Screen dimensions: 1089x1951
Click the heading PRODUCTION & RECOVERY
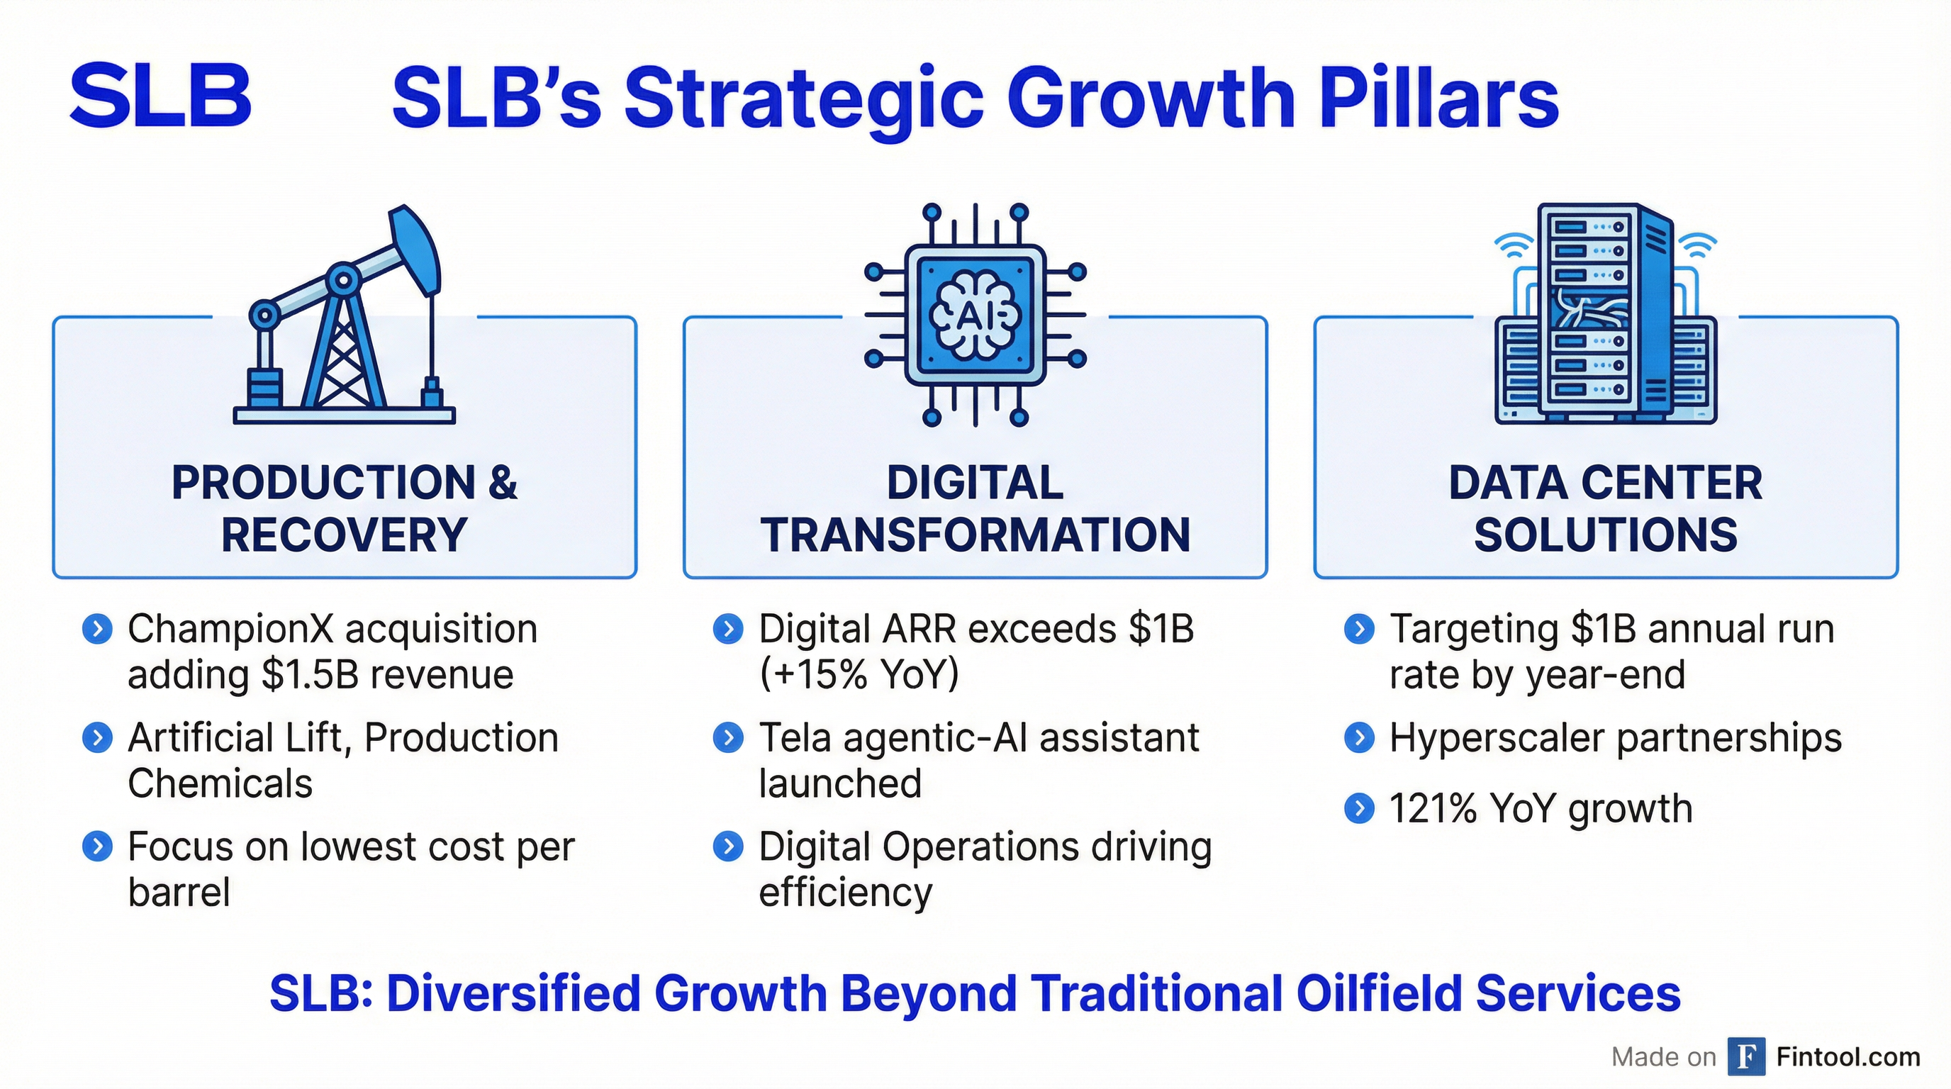345,508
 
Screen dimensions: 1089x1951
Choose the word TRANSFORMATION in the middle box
975,535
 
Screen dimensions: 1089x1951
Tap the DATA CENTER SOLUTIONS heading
1606,508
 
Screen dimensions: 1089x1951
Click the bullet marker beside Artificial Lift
97,737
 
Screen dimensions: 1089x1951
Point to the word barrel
179,891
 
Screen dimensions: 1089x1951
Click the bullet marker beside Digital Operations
728,847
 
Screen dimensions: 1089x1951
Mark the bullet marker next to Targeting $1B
1359,629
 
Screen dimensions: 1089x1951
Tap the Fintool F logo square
1745,1056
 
